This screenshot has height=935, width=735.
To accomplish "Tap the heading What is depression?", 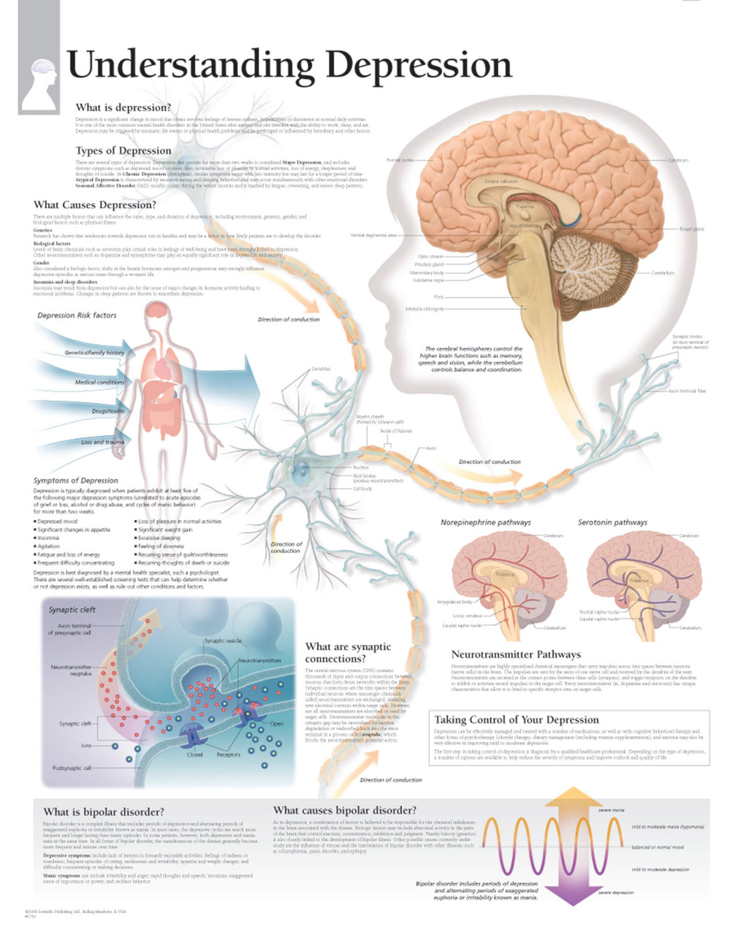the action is click(123, 108).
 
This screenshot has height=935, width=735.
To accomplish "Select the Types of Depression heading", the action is click(123, 151).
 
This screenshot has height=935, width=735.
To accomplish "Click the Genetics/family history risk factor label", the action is click(94, 353).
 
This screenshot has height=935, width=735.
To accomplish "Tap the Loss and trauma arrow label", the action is click(102, 442).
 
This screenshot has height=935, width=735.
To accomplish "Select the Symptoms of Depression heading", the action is click(75, 481).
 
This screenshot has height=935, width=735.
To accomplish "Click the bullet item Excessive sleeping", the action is click(160, 538).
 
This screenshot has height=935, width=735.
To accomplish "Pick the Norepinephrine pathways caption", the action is click(485, 523).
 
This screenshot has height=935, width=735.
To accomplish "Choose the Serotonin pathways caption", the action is click(612, 523).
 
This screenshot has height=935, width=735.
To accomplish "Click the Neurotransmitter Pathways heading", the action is click(516, 654).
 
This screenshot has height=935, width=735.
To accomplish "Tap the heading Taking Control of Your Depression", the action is click(517, 720).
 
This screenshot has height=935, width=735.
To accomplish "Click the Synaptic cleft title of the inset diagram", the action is click(72, 609).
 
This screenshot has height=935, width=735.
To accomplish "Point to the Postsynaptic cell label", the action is click(72, 768).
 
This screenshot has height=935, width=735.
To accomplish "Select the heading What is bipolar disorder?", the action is click(104, 812).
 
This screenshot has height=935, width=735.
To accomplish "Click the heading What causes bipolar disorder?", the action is click(345, 810).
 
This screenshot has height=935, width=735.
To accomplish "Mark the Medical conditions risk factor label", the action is click(99, 383).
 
